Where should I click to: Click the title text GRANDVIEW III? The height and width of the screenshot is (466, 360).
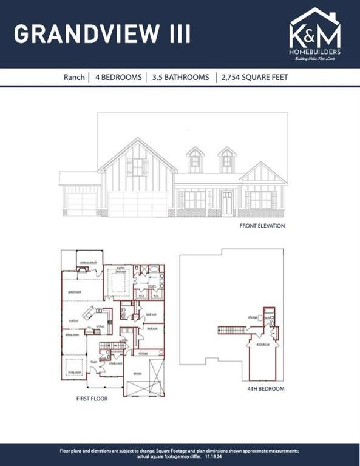[x=103, y=34]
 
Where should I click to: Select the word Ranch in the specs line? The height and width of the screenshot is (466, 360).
[x=74, y=78]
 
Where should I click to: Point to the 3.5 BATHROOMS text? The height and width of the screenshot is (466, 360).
[x=181, y=78]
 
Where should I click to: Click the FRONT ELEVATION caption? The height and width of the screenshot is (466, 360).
[x=262, y=226]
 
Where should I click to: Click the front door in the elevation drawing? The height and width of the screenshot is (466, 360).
[x=226, y=203]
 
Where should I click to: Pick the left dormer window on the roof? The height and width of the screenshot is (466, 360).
[x=195, y=161]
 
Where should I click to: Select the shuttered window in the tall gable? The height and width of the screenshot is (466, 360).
[x=137, y=167]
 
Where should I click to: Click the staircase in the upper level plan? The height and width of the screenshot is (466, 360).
[x=234, y=329]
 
